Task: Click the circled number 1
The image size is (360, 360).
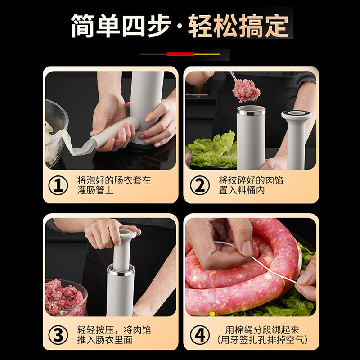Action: pos(58,185)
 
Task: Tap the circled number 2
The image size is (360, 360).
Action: pos(200,185)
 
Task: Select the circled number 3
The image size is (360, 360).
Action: pos(58,335)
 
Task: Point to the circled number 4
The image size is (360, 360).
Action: pos(200,335)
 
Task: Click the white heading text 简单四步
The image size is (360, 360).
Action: pos(121,26)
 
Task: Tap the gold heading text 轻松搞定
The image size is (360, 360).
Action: pos(238,26)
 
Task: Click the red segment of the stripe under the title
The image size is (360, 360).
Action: pos(180,54)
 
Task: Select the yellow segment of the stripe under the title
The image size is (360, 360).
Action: pos(207,54)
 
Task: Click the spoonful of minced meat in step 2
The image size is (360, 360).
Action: pos(246,91)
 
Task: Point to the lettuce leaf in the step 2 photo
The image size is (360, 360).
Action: pos(212,150)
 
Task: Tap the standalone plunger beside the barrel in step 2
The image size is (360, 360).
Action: pos(297,139)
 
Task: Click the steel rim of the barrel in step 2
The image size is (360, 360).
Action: pos(251,111)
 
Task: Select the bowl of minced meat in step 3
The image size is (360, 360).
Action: pos(66,297)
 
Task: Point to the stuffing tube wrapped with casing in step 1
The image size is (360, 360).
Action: pos(115,132)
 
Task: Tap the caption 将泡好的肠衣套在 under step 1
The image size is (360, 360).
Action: pos(114,180)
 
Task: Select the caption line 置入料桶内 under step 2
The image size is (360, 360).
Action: pos(242,190)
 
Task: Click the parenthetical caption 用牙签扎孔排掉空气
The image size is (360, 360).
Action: pos(262,340)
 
